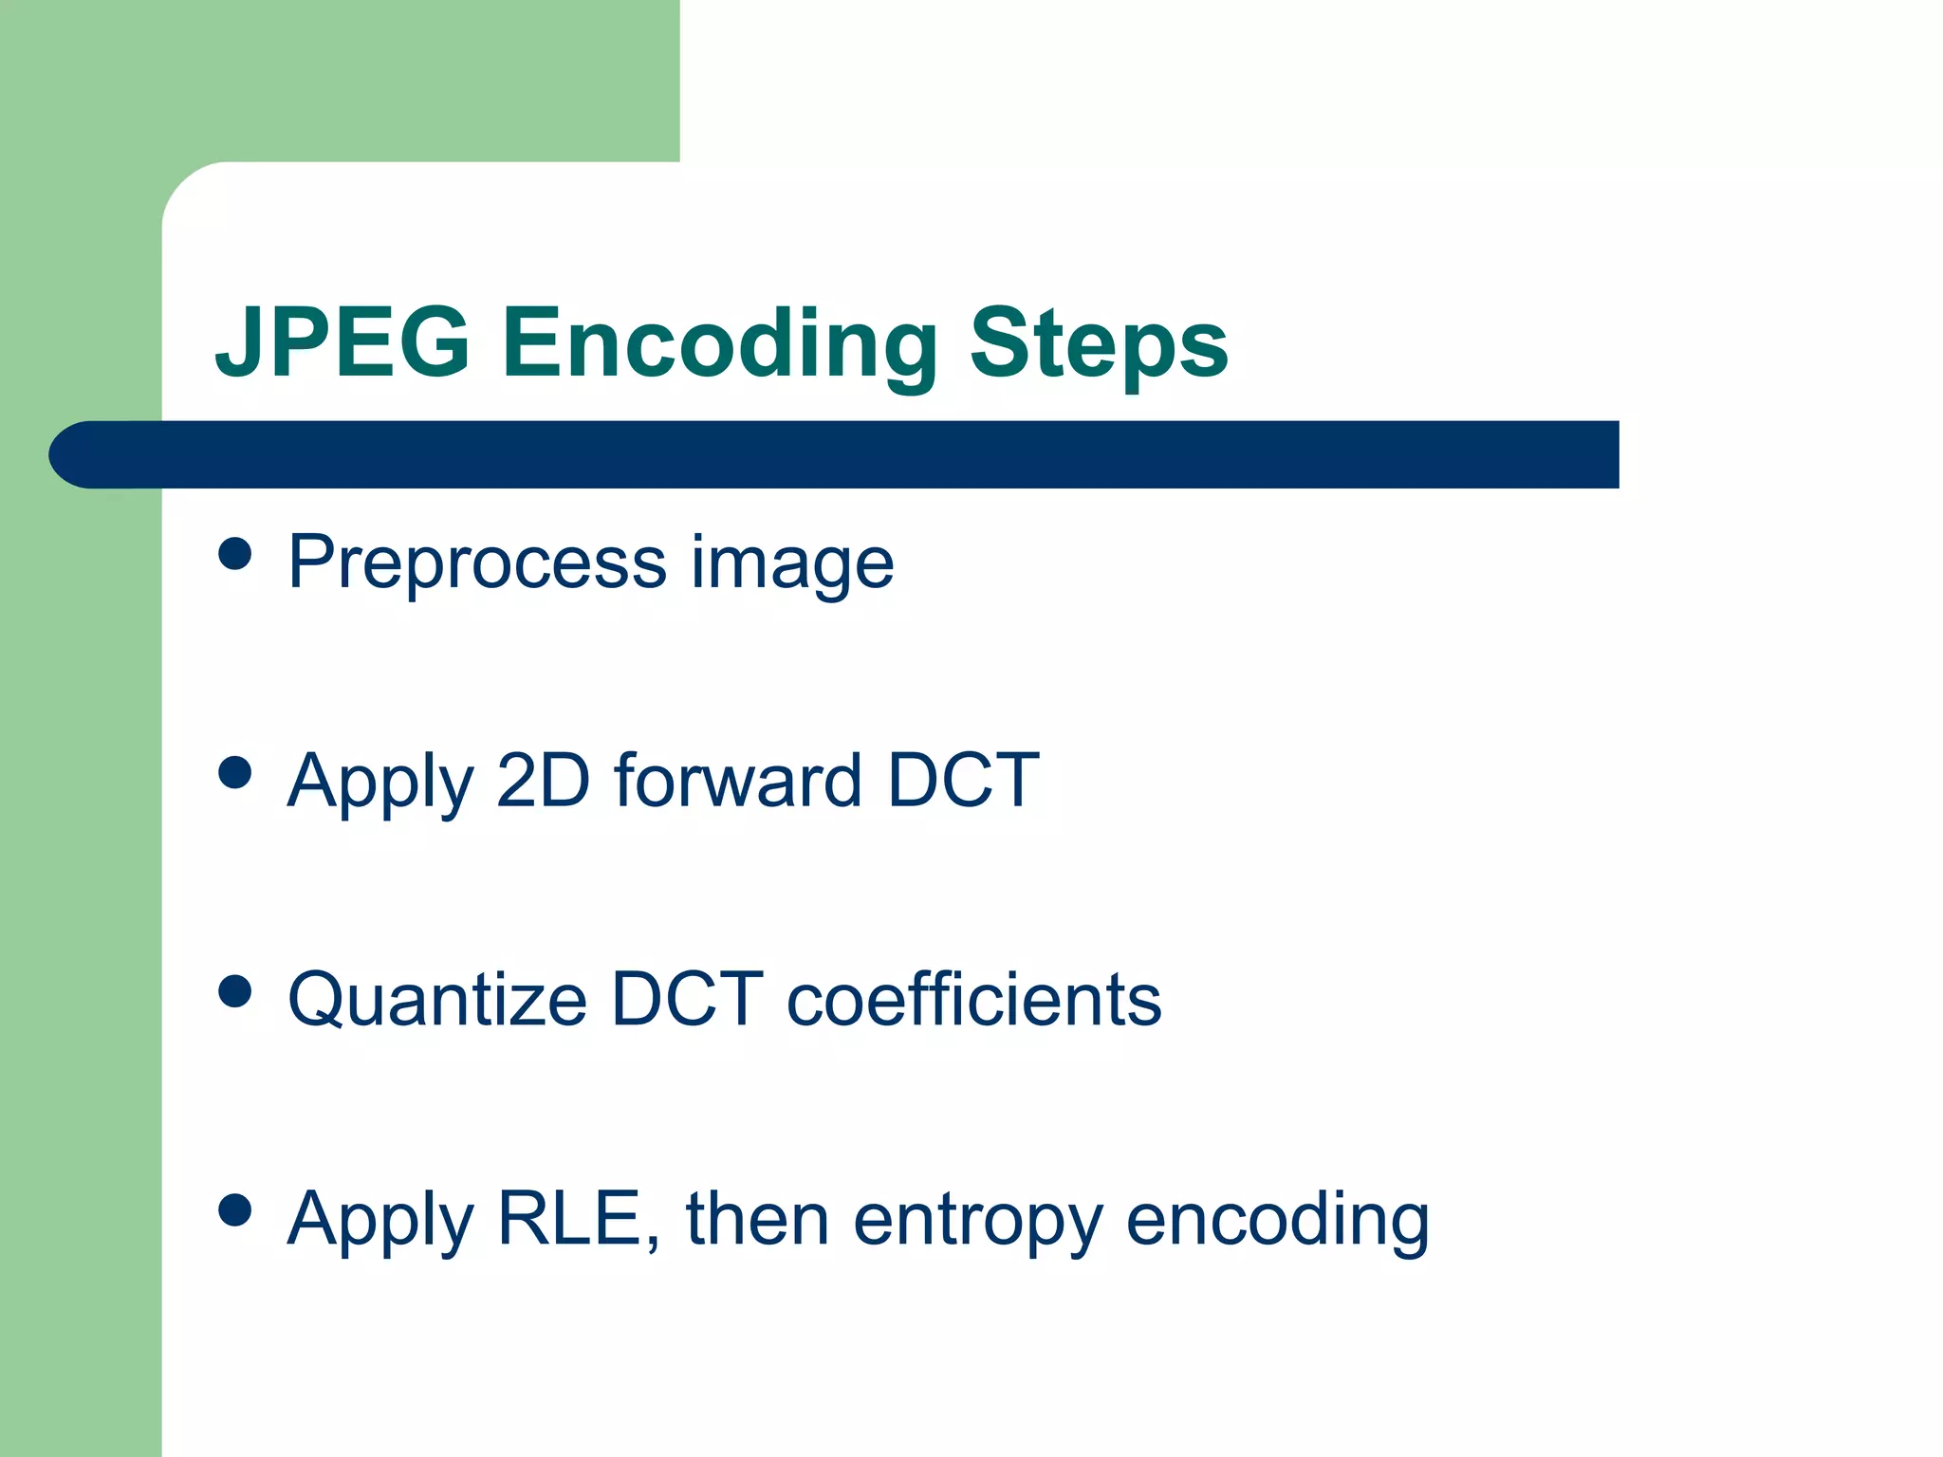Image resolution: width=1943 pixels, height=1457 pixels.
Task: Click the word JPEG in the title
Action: click(342, 343)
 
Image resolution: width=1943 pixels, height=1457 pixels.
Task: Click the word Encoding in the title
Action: click(718, 343)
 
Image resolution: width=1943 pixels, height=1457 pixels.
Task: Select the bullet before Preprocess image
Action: click(234, 553)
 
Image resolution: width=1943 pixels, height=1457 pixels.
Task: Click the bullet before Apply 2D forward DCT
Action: click(234, 772)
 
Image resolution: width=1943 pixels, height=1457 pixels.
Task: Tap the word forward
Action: click(737, 781)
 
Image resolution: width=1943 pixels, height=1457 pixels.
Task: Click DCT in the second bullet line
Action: click(962, 781)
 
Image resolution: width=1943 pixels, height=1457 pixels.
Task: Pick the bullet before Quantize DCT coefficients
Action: click(234, 991)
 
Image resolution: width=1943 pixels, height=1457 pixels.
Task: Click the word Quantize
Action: click(437, 1001)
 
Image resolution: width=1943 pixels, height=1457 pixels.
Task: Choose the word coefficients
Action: click(973, 1000)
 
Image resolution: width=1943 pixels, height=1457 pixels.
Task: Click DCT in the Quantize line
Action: click(687, 1000)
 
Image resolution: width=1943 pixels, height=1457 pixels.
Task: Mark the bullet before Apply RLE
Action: click(234, 1210)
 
